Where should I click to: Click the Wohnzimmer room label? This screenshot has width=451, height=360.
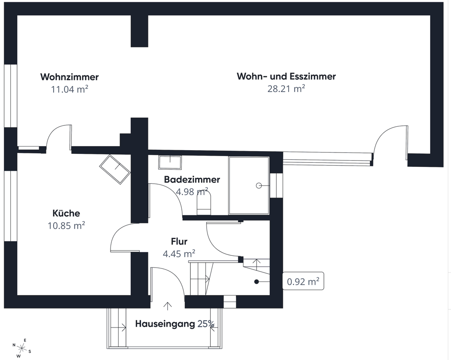[x=69, y=77]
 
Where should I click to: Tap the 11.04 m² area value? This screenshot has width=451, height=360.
[x=69, y=89]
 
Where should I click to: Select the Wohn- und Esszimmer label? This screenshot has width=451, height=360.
[x=286, y=76]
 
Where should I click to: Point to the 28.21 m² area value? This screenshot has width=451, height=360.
[x=286, y=88]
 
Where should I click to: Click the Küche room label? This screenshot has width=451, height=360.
[x=66, y=213]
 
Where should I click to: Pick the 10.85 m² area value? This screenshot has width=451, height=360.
[x=66, y=225]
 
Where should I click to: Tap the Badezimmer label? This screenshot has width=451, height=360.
[x=192, y=180]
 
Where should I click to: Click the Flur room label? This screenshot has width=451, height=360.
[x=179, y=241]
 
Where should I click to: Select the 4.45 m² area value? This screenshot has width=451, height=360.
[x=179, y=254]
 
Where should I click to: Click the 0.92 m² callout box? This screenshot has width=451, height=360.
[x=303, y=281]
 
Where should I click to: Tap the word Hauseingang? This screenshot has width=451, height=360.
[x=165, y=324]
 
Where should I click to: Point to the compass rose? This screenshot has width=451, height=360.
[x=22, y=348]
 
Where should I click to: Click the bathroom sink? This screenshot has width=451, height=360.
[x=170, y=162]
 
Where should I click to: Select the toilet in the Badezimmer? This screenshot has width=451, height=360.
[x=204, y=203]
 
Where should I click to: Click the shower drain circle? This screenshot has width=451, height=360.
[x=259, y=186]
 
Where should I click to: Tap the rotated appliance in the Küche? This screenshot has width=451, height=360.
[x=115, y=169]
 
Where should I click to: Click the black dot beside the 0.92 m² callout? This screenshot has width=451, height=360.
[x=256, y=282]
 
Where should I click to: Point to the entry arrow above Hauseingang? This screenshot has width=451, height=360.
[x=167, y=306]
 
